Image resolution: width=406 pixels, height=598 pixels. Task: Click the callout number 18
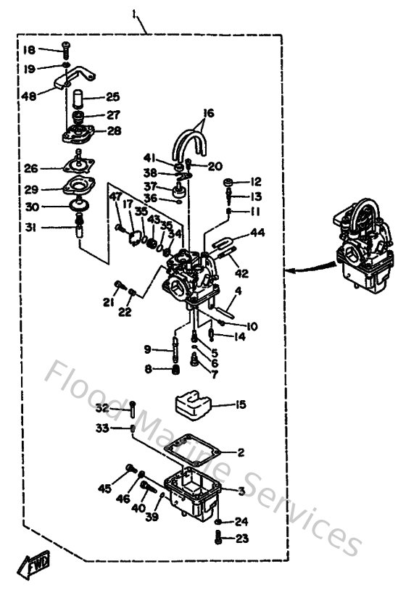tap(29, 50)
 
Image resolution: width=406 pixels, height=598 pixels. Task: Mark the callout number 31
tap(29, 228)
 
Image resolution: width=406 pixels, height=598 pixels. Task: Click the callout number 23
tap(241, 538)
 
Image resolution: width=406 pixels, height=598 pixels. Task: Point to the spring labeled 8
tap(174, 370)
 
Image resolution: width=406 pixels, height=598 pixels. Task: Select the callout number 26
tap(30, 168)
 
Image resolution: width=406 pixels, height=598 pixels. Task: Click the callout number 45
tap(105, 489)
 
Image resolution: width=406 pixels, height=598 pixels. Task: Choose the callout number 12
tap(256, 181)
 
